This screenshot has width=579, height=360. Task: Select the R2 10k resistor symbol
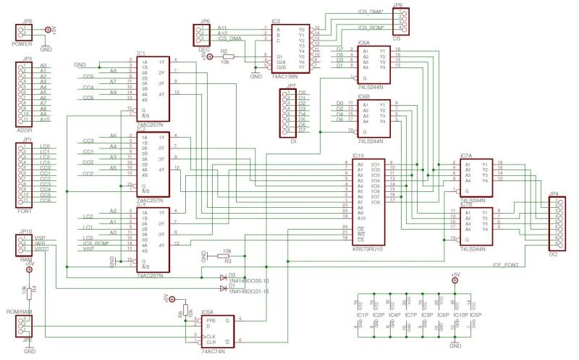click(232, 56)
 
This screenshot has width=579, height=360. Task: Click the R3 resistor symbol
click(226, 256)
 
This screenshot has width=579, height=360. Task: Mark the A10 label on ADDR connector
click(43, 120)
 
